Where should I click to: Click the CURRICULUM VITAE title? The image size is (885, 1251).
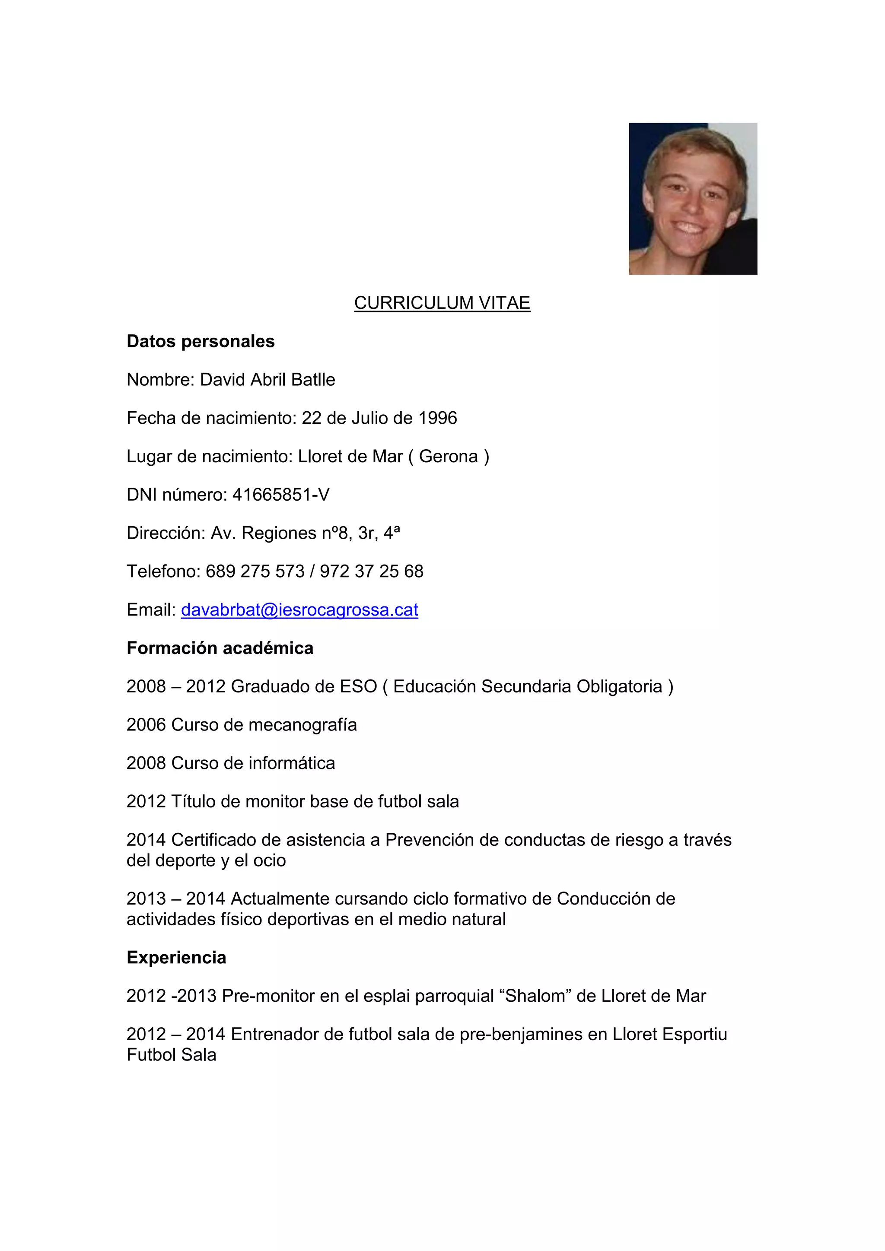[x=442, y=303]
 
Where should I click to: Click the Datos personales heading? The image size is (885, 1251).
[x=201, y=342]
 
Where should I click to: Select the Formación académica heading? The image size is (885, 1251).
[x=220, y=648]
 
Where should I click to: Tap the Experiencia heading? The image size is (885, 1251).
[x=176, y=957]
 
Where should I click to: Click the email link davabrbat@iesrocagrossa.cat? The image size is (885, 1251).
[x=299, y=610]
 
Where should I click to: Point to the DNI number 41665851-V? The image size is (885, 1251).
[x=280, y=495]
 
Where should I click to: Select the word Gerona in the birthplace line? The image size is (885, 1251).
[x=448, y=457]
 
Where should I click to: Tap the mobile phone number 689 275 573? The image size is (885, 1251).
[x=255, y=572]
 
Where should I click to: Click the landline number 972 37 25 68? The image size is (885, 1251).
[x=371, y=572]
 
